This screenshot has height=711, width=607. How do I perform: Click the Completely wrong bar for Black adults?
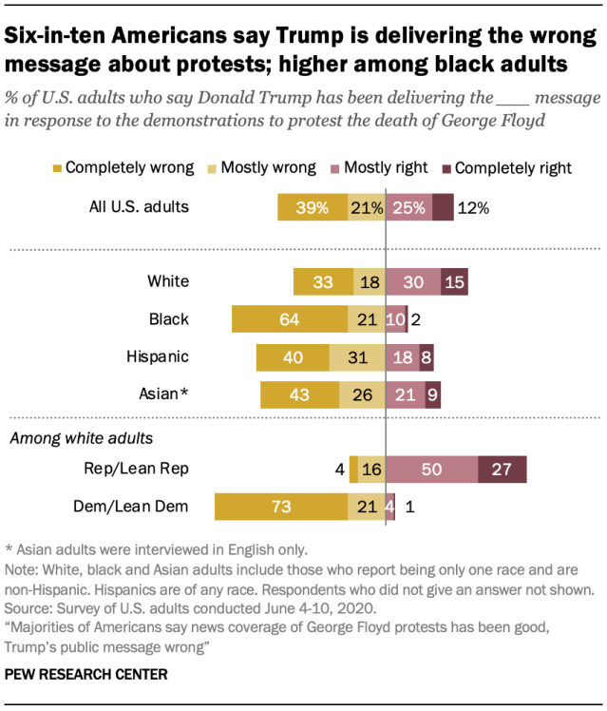(x=290, y=319)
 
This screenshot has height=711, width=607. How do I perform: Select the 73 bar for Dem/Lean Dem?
(x=281, y=507)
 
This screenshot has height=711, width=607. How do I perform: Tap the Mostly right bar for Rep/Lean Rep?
(x=432, y=470)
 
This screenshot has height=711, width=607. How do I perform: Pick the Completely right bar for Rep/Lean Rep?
(x=503, y=470)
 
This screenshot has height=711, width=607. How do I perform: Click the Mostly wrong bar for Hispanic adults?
(x=357, y=357)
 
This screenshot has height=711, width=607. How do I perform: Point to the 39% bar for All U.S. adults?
(x=313, y=207)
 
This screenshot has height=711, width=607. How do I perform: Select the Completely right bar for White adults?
(x=454, y=281)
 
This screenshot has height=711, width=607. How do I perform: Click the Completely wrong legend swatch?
(x=57, y=168)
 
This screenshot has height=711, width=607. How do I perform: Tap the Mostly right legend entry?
(x=382, y=168)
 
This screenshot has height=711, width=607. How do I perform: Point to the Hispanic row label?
(x=158, y=357)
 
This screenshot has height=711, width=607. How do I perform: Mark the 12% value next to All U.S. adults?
(x=472, y=207)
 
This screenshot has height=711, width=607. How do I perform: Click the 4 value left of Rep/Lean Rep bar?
(x=339, y=470)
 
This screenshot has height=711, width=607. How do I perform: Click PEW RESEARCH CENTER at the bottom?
(x=86, y=674)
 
